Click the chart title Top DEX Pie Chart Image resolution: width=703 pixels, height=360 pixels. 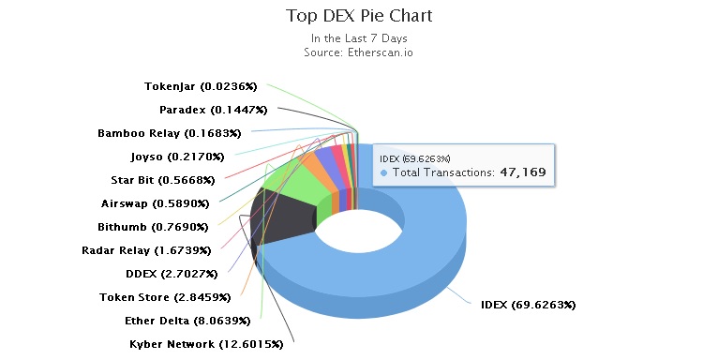point(359,16)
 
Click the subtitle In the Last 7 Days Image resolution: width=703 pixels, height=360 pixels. point(359,38)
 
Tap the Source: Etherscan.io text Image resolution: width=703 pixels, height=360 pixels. point(359,52)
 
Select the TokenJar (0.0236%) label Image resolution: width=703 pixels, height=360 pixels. point(201,86)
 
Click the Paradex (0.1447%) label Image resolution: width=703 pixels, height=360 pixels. point(202,110)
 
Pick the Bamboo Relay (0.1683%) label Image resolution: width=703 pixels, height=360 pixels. point(169,133)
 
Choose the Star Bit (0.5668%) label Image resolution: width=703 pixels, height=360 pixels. point(162,180)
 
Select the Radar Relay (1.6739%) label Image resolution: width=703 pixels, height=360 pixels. point(146,250)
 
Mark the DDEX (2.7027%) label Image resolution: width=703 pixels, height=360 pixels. point(172,274)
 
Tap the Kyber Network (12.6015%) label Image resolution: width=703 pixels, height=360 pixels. point(206,344)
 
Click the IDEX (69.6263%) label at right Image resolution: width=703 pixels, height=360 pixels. point(528,305)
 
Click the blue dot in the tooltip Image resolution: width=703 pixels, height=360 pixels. point(384,173)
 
